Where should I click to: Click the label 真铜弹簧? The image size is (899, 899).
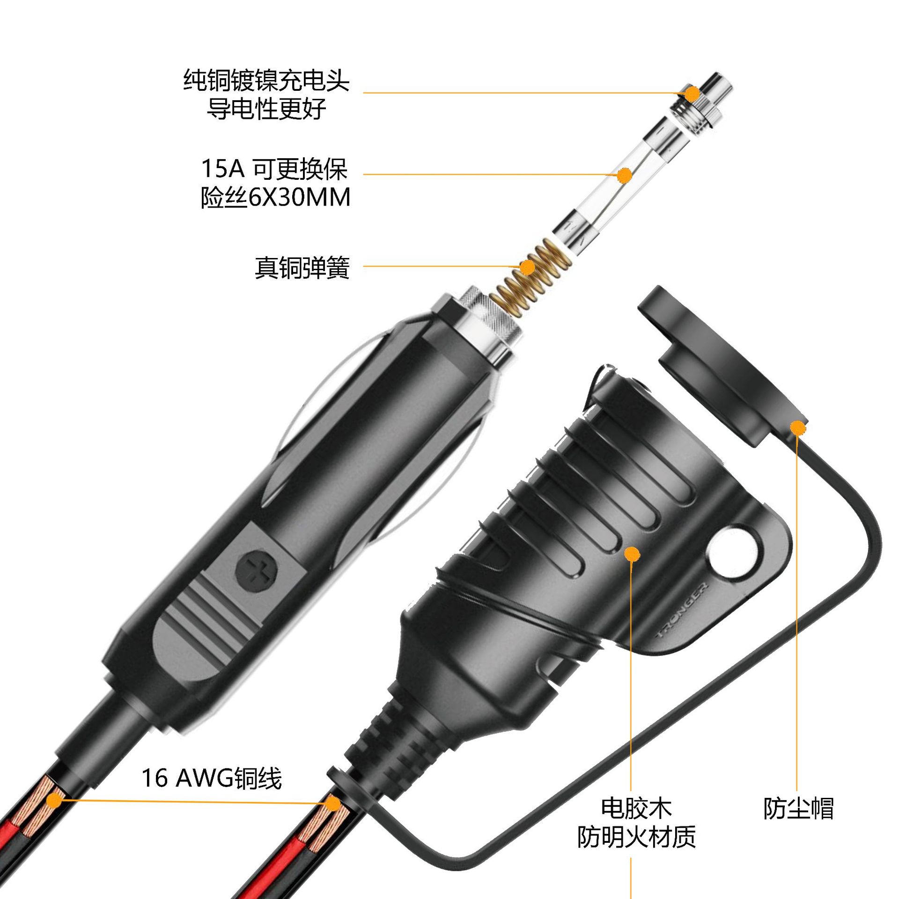tap(302, 268)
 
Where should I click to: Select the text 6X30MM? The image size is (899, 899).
tap(299, 197)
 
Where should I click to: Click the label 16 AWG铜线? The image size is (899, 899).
tap(212, 778)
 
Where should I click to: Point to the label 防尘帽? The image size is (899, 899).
tap(798, 808)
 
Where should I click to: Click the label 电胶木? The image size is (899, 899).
tap(636, 807)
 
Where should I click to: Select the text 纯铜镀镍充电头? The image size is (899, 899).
tap(266, 81)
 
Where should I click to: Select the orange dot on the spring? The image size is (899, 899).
tap(528, 267)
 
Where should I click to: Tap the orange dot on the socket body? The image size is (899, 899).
tap(632, 554)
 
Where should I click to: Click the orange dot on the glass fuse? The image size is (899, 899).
tap(624, 176)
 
